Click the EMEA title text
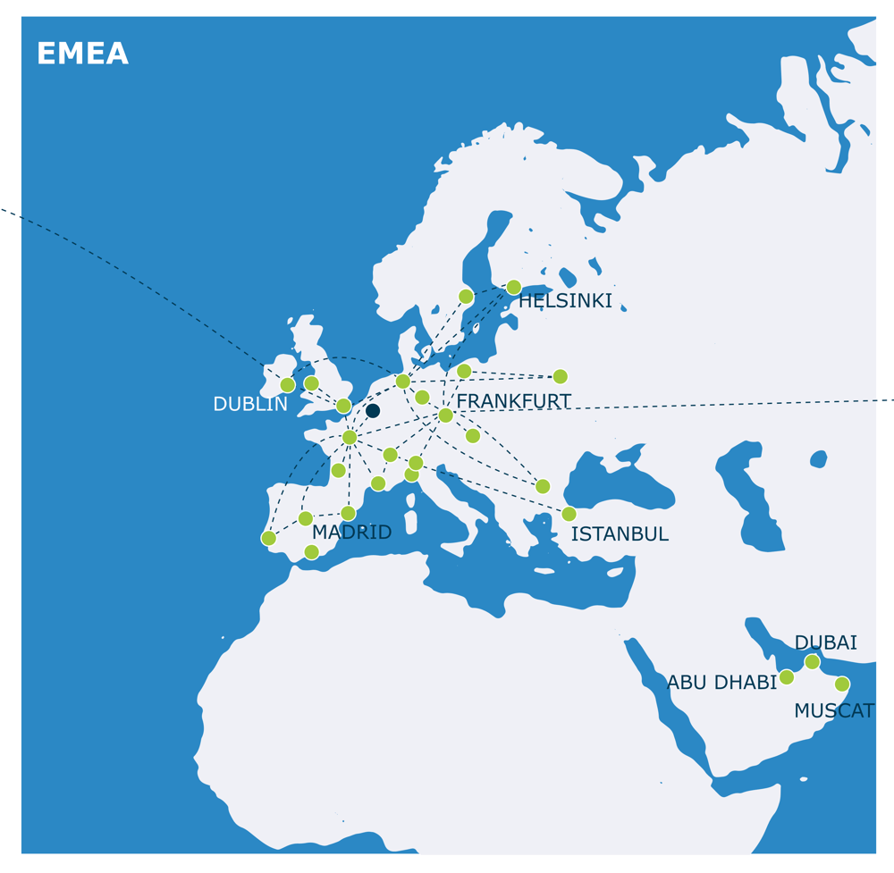pyautogui.click(x=82, y=55)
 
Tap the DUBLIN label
pyautogui.click(x=250, y=405)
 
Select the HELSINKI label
pyautogui.click(x=566, y=302)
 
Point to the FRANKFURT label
pyautogui.click(x=513, y=402)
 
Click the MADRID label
pyautogui.click(x=351, y=533)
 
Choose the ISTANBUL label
pyautogui.click(x=620, y=534)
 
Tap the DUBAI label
pyautogui.click(x=825, y=642)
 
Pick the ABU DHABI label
pyautogui.click(x=721, y=683)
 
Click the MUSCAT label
pyautogui.click(x=833, y=711)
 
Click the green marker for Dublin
pyautogui.click(x=288, y=385)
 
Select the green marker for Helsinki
pyautogui.click(x=513, y=288)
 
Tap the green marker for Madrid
pyautogui.click(x=348, y=513)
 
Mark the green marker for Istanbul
pyautogui.click(x=569, y=514)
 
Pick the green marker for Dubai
pyautogui.click(x=812, y=662)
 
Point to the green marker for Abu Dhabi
pyautogui.click(x=787, y=677)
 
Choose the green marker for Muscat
pyautogui.click(x=842, y=684)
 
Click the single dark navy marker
pyautogui.click(x=373, y=411)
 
